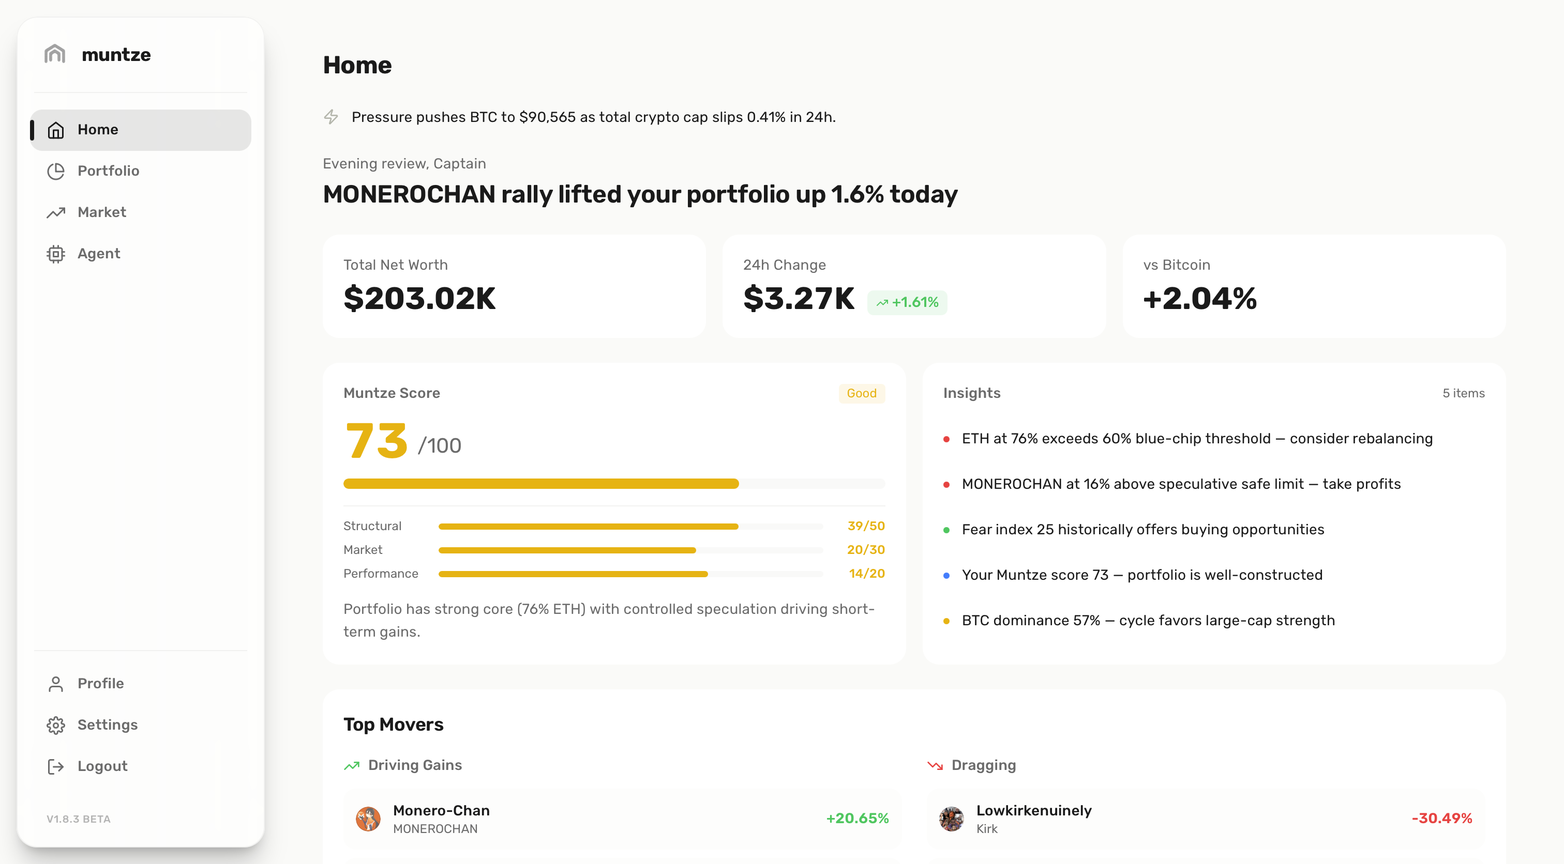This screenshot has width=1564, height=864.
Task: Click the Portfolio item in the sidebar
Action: pyautogui.click(x=108, y=171)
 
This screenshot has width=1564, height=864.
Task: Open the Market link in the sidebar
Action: pyautogui.click(x=101, y=212)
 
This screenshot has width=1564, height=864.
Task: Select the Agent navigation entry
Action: pyautogui.click(x=98, y=254)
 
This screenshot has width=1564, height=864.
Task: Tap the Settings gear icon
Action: pyautogui.click(x=56, y=725)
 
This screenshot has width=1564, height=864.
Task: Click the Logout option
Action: pyautogui.click(x=102, y=766)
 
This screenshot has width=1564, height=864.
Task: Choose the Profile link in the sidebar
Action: pyautogui.click(x=100, y=684)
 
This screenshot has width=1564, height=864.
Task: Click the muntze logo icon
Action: pyautogui.click(x=55, y=54)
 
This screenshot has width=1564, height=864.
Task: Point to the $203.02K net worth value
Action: pyautogui.click(x=419, y=299)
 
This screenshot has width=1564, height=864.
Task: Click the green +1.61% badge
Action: pyautogui.click(x=907, y=302)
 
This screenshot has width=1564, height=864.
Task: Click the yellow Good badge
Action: pyautogui.click(x=862, y=393)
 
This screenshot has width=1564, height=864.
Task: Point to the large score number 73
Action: pyautogui.click(x=377, y=441)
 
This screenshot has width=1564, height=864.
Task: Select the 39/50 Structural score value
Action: pyautogui.click(x=866, y=526)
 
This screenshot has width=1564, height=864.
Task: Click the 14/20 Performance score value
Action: pyautogui.click(x=866, y=574)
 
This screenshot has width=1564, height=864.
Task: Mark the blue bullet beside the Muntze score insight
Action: pyautogui.click(x=946, y=575)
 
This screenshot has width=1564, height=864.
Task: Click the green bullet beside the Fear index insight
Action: pyautogui.click(x=946, y=530)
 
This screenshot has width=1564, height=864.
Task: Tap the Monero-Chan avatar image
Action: pyautogui.click(x=368, y=819)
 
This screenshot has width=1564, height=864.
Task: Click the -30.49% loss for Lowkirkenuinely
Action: pyautogui.click(x=1441, y=819)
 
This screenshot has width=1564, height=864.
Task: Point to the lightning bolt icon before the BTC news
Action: pyautogui.click(x=331, y=116)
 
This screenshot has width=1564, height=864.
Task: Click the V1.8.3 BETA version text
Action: pyautogui.click(x=78, y=819)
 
